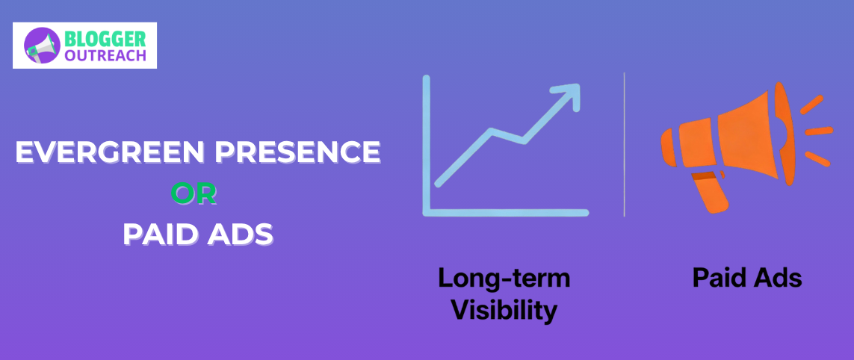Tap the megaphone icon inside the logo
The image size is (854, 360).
point(43,46)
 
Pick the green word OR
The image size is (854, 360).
point(194,194)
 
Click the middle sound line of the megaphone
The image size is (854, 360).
point(818,131)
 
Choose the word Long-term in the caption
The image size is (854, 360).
point(504,279)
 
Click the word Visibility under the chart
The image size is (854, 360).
point(504,309)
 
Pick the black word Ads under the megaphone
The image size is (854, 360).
point(779,279)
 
